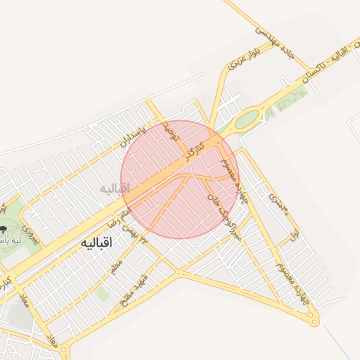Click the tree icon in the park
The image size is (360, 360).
coord(5,229)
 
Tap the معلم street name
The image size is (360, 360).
coord(115,267)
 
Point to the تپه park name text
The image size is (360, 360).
coord(10,240)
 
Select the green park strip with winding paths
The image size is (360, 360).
coord(292,102)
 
